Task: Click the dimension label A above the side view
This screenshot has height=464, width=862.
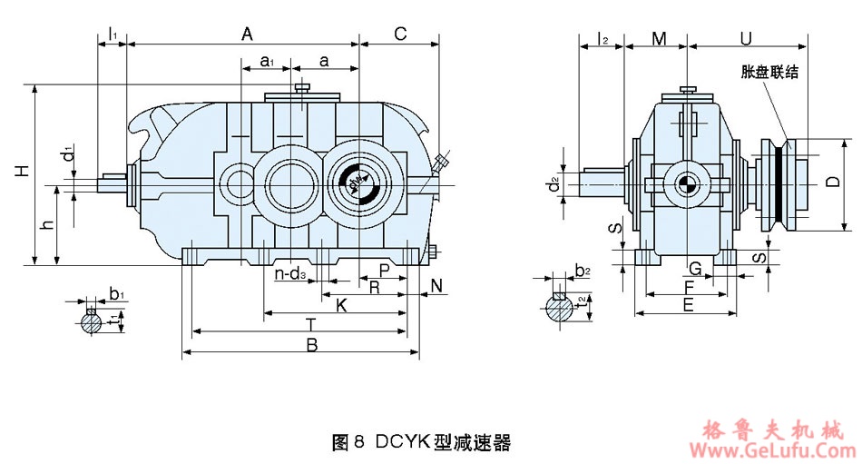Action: point(246,34)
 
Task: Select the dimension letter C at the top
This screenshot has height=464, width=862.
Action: point(400,34)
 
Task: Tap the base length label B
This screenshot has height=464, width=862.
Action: point(311,345)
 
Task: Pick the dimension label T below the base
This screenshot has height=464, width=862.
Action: point(310,324)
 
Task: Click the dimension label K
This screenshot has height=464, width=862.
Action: point(341,305)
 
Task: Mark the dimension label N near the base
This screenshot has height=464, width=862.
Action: point(436,286)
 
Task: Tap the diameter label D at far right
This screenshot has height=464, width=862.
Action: point(832,182)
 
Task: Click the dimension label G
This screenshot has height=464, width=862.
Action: point(694,269)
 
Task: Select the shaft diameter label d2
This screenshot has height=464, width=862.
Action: point(554,187)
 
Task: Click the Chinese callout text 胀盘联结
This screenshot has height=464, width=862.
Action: point(769,72)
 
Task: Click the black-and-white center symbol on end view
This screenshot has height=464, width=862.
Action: point(685,184)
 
